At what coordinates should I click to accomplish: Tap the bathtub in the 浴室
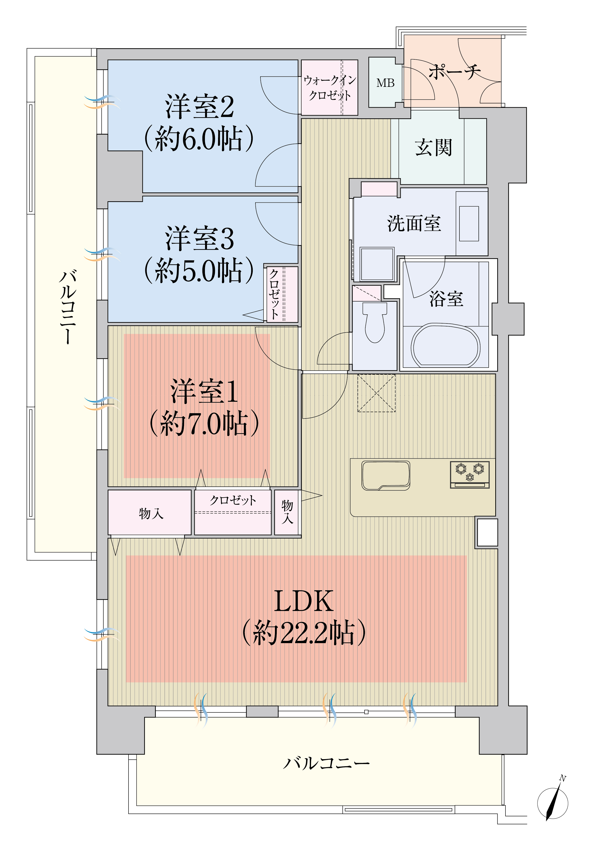pos(445,345)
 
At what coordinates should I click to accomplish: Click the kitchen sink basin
pos(386,475)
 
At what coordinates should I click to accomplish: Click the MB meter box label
pos(386,83)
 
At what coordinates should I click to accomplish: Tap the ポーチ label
pos(454,71)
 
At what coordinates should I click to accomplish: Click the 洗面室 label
pos(414,224)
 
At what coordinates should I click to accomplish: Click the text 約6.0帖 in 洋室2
pos(199,138)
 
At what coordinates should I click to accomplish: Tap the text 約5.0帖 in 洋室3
pos(199,270)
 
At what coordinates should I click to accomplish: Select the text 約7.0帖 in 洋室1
pos(204,423)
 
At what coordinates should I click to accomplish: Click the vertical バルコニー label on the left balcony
pos(68,307)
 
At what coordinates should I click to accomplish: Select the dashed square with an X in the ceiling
pos(376,393)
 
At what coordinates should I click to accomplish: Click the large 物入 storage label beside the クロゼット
pos(151,513)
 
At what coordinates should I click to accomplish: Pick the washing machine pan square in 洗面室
pos(377,264)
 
